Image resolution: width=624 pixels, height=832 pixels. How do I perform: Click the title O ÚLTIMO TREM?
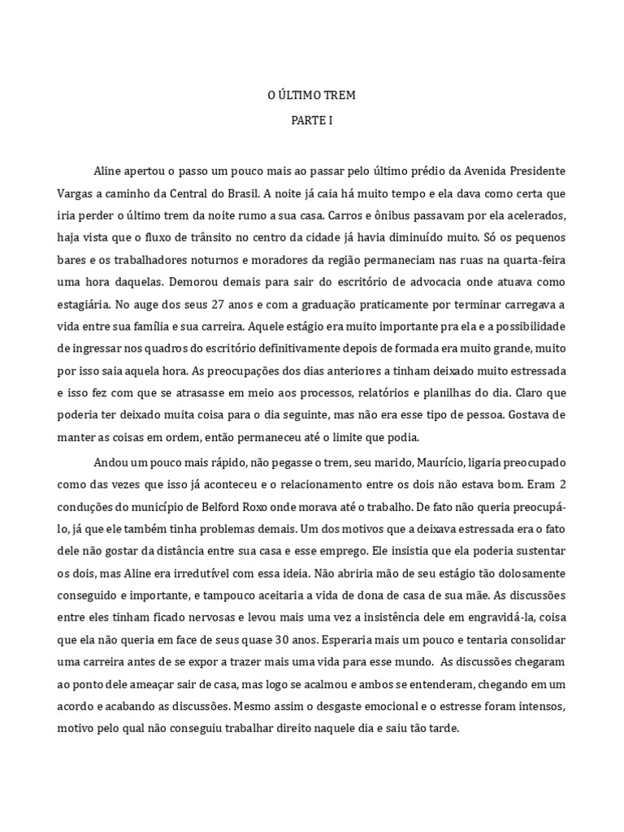pyautogui.click(x=312, y=96)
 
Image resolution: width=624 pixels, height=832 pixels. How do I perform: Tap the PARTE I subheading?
pyautogui.click(x=312, y=120)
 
